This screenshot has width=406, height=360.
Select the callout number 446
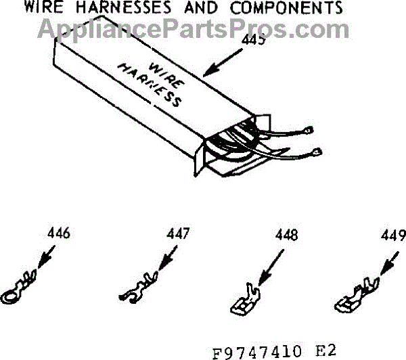(59, 234)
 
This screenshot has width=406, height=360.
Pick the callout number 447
(178, 234)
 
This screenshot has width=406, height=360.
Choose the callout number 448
(286, 238)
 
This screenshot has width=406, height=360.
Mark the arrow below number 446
(43, 258)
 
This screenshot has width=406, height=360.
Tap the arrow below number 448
(267, 267)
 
